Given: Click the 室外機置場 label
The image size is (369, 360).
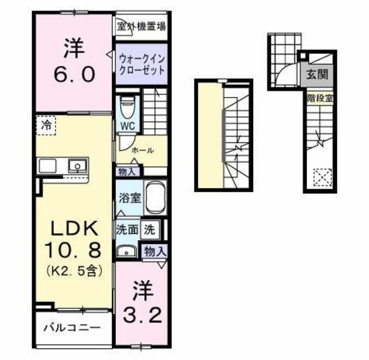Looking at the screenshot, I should [x=142, y=26].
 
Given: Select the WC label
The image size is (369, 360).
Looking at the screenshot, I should [x=127, y=125].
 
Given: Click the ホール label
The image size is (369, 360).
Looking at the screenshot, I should [x=142, y=151].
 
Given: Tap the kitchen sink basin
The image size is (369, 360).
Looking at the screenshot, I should [x=76, y=166].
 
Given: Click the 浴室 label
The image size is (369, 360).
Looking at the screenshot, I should [x=129, y=197].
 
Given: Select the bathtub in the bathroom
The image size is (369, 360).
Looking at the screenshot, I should [x=155, y=197].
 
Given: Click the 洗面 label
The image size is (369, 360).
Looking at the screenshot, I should [x=127, y=229].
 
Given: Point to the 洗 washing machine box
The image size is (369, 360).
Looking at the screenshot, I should [x=149, y=229].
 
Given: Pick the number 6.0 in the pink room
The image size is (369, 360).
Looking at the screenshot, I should [x=73, y=75].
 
